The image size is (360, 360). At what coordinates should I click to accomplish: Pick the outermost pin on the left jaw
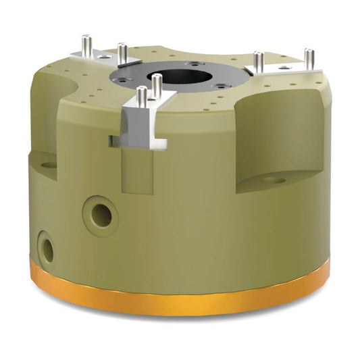coord(86,47)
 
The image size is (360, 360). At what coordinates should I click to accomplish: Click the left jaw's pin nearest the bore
coord(122,54)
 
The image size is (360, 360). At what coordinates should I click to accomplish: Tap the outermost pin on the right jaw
coord(309,59)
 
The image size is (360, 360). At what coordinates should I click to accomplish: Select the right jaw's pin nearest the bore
coord(258,62)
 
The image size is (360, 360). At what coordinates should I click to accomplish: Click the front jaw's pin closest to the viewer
coord(141,99)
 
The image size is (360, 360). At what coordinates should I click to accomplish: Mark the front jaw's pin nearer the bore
coord(157,85)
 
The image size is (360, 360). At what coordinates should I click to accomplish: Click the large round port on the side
coord(101,215)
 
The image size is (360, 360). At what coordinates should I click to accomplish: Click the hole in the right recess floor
coord(273,179)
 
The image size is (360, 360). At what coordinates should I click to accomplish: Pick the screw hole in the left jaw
coord(102,57)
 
